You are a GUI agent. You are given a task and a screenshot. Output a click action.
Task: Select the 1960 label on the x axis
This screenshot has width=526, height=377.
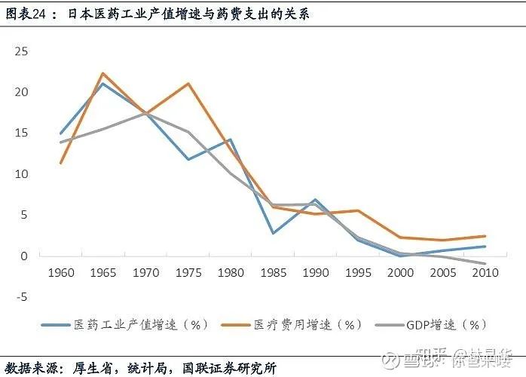61,272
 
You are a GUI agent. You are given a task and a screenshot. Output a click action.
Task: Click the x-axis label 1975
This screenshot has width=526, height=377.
188,272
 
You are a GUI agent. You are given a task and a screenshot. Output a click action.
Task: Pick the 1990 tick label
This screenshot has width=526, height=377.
315,272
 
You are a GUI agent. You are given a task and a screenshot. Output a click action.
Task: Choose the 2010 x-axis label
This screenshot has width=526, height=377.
485,272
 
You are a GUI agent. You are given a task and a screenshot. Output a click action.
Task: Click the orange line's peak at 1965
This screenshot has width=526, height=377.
103,73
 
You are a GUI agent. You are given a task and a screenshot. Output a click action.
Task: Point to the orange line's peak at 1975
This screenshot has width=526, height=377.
188,83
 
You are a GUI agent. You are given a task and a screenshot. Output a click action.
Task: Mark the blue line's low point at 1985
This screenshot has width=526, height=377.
273,233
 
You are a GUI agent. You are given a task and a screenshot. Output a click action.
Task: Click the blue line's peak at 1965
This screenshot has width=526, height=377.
103,83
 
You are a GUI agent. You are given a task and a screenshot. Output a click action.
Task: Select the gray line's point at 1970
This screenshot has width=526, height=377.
145,113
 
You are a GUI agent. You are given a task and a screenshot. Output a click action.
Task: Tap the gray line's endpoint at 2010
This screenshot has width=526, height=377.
485,264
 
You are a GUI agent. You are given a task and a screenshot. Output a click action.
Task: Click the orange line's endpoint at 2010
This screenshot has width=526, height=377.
485,236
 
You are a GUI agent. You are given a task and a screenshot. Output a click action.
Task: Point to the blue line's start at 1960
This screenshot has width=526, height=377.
61,133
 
